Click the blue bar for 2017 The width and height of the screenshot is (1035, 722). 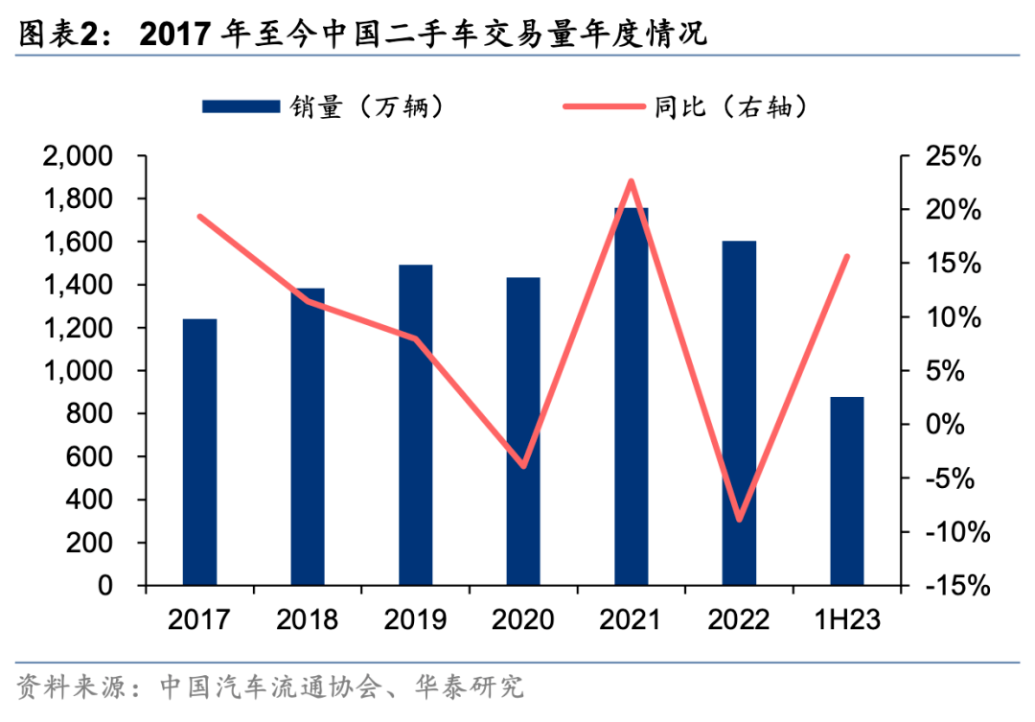click(x=199, y=452)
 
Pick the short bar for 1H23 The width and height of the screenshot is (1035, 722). click(x=846, y=491)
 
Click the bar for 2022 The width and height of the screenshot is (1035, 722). click(x=739, y=412)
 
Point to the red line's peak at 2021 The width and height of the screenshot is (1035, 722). click(x=631, y=181)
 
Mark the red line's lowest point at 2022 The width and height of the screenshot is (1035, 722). click(x=739, y=520)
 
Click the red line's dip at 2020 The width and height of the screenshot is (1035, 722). click(x=523, y=465)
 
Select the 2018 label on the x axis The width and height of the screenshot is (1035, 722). click(x=307, y=619)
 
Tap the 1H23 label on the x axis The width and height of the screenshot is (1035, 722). click(x=846, y=619)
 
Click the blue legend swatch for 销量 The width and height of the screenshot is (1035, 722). click(x=241, y=106)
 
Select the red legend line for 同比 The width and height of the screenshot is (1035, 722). click(x=604, y=106)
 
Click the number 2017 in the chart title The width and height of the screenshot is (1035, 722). click(x=175, y=35)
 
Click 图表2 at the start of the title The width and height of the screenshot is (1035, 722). click(x=58, y=35)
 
